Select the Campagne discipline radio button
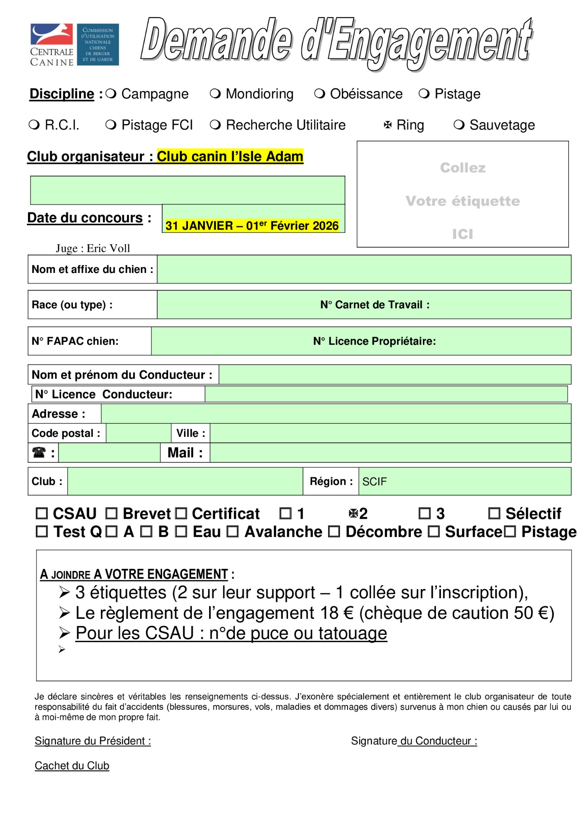point(111,94)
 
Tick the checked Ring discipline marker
point(388,125)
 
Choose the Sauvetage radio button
point(459,125)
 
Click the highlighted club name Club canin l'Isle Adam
point(230,156)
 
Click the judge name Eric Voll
point(108,248)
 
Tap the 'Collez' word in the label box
point(463,168)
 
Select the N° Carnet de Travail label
point(375,305)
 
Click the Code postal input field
point(138,433)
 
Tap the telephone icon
point(39,452)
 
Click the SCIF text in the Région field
point(374,481)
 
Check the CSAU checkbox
point(42,513)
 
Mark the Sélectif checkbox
point(494,513)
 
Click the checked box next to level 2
point(354,513)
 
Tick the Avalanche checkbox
point(233,532)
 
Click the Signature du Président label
point(93,741)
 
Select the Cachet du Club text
point(72,765)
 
